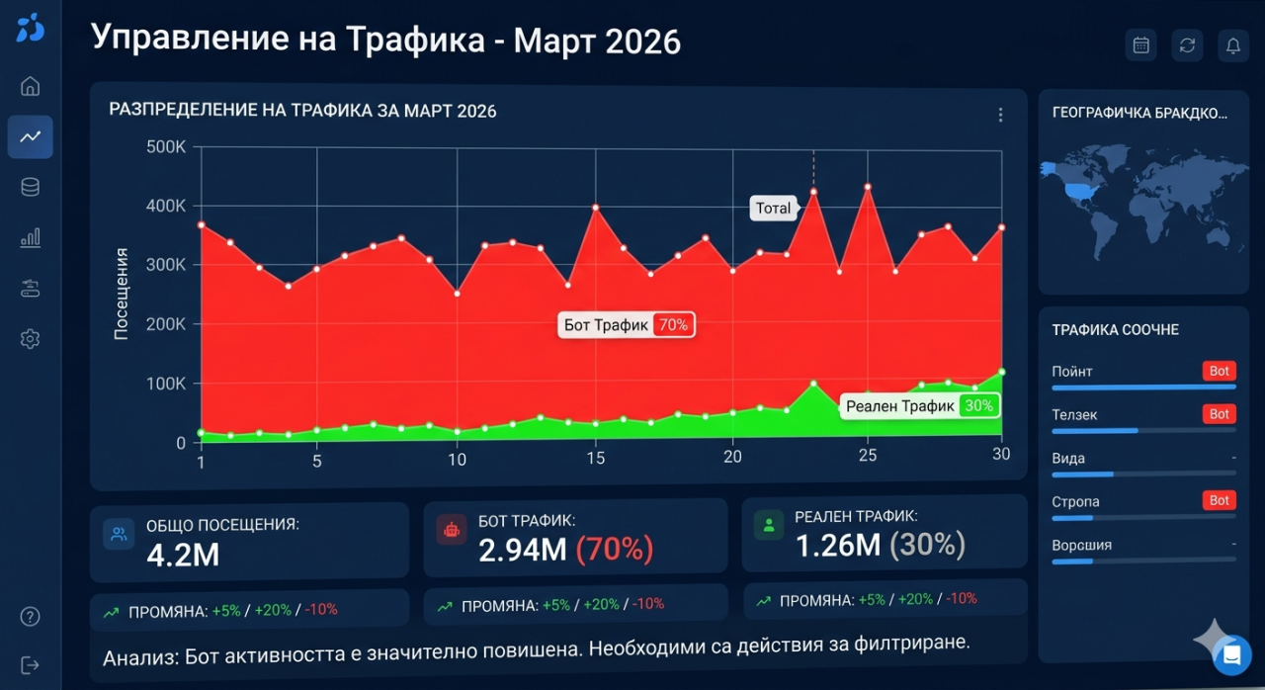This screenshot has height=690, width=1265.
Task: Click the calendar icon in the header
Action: [1140, 44]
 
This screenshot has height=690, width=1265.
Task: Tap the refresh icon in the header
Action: [1187, 44]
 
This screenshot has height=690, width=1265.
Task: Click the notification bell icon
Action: [1232, 44]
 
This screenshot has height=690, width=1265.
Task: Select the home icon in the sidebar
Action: [30, 86]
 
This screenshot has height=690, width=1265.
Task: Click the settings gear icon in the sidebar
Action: [30, 339]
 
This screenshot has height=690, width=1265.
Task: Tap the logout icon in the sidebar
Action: [30, 665]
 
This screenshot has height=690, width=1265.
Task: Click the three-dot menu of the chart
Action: [1000, 115]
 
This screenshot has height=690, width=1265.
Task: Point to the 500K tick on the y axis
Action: [166, 147]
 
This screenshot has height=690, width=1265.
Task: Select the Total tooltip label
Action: [773, 209]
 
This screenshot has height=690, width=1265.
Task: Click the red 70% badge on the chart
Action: [672, 324]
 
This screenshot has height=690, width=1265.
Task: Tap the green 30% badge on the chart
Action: [978, 405]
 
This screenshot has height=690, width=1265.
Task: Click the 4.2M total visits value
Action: [183, 555]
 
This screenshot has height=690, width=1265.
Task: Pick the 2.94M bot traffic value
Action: [523, 550]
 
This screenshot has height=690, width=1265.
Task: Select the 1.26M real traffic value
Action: [838, 544]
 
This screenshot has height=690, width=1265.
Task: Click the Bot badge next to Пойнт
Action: [1220, 371]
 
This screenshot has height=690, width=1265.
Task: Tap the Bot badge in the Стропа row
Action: [1220, 501]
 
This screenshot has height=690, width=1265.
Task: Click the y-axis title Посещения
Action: [122, 295]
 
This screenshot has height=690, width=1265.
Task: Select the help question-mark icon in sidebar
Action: [30, 617]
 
